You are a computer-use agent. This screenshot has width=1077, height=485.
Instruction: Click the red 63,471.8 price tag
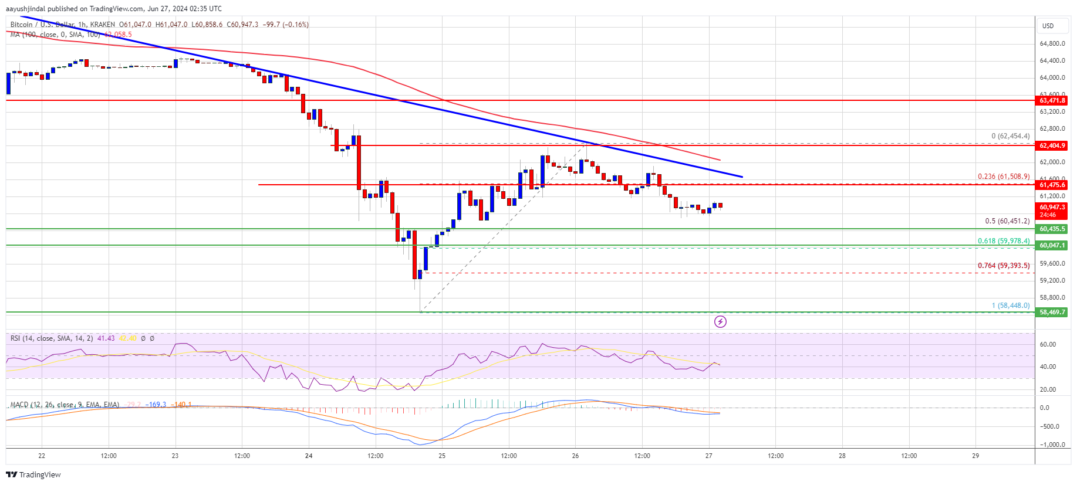pos(1052,100)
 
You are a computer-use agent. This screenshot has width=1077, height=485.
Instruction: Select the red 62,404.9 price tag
pos(1052,145)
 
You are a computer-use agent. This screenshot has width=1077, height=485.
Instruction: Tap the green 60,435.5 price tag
pos(1052,229)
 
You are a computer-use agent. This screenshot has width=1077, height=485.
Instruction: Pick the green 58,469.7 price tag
pos(1052,312)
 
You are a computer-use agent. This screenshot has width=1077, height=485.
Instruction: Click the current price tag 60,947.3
pos(1052,210)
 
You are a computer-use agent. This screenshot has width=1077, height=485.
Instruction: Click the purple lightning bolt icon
pos(720,321)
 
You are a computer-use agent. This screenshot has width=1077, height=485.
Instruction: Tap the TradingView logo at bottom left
pos(33,474)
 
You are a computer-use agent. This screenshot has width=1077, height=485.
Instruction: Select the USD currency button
pos(1048,26)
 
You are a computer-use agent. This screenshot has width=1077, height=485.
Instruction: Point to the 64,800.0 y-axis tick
pos(1052,44)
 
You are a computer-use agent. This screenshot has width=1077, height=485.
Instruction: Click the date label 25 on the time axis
pos(442,456)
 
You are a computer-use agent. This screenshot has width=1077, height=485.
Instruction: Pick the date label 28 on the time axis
pos(842,456)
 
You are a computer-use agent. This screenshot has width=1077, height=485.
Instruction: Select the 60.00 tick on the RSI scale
pos(1048,345)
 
